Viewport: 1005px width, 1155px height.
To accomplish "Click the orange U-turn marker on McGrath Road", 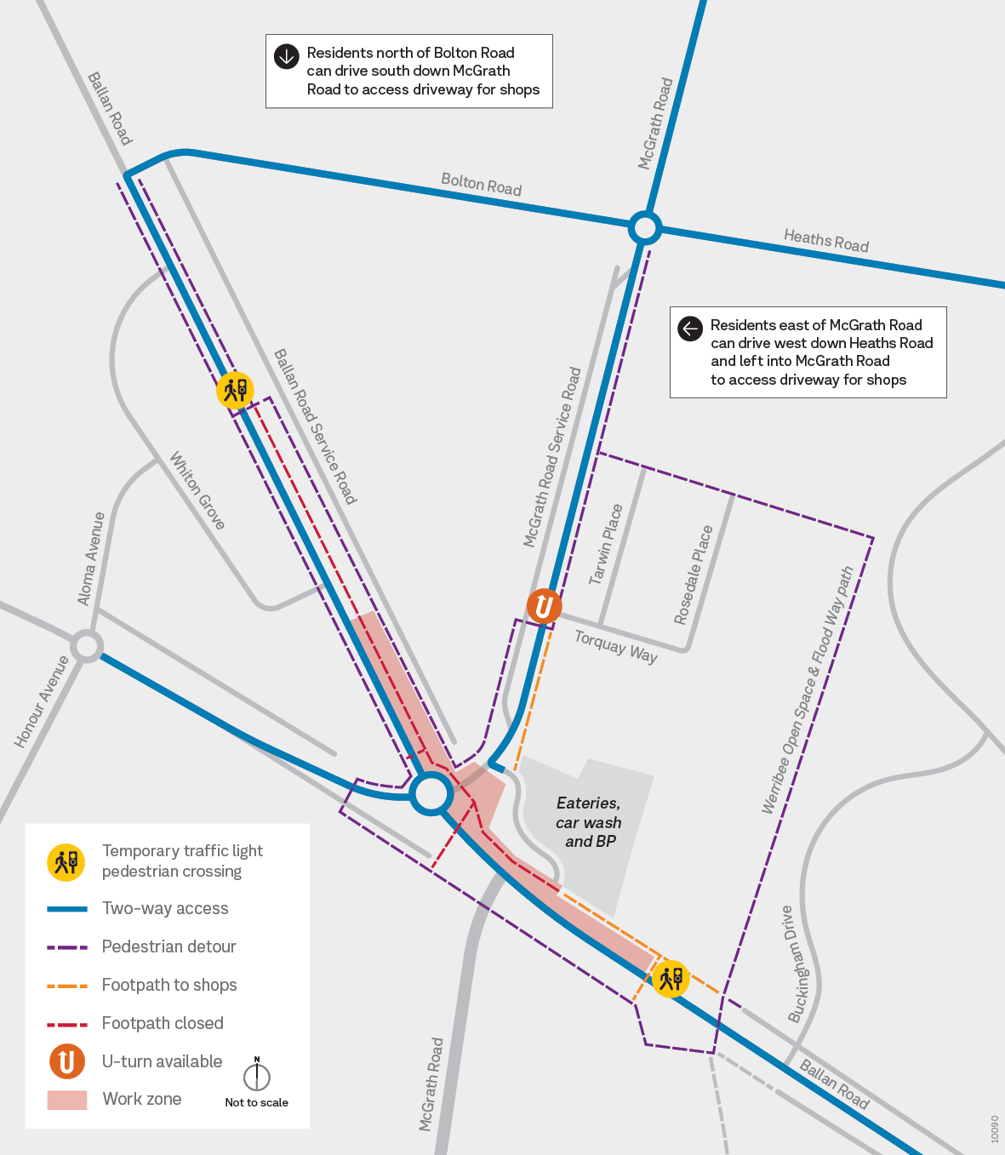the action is click(x=544, y=607).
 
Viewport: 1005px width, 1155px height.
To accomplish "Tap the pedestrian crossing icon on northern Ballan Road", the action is click(x=235, y=390).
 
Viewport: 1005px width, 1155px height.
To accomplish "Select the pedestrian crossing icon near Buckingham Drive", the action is click(x=671, y=979).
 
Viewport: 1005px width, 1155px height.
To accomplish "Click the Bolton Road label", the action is click(x=481, y=184).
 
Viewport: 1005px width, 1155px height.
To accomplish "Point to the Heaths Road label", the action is click(x=825, y=241).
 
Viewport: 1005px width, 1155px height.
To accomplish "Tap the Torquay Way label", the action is click(x=615, y=646).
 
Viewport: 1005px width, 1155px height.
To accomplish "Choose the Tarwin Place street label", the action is click(x=606, y=545).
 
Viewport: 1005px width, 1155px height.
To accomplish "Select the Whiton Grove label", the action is click(x=197, y=491).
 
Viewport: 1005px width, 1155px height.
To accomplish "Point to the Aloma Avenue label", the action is click(x=91, y=558).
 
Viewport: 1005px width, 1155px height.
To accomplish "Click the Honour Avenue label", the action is click(x=41, y=702).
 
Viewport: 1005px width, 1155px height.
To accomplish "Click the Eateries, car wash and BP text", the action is click(x=589, y=822).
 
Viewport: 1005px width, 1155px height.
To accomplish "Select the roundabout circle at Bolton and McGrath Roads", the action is click(x=645, y=228).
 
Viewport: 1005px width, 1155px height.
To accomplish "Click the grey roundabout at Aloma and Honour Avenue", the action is click(x=87, y=645).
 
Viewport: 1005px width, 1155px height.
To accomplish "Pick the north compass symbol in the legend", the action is click(x=256, y=1075).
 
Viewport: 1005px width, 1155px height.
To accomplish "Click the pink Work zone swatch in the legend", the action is click(x=67, y=1100).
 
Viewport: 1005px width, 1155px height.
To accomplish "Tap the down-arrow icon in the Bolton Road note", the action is click(x=286, y=56).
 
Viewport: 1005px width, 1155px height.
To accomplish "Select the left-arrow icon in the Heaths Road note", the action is click(x=690, y=328).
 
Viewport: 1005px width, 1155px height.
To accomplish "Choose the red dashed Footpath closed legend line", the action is click(x=67, y=1024).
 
